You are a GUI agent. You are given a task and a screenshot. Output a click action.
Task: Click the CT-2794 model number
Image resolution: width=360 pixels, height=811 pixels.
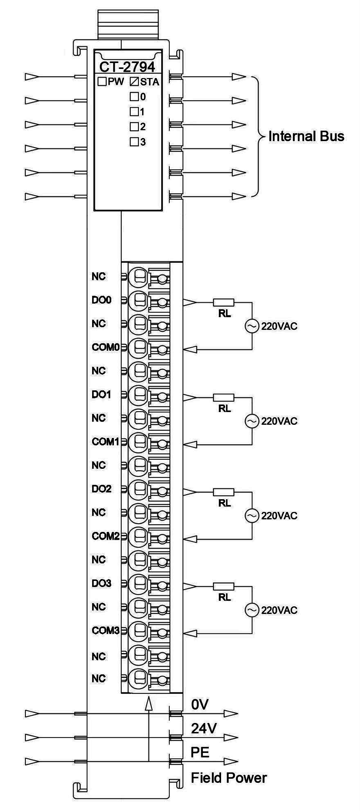coord(127,67)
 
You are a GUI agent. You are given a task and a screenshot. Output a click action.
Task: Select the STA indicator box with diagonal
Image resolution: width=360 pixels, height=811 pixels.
coord(134,82)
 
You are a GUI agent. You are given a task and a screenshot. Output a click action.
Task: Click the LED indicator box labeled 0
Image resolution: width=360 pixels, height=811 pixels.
coord(134,97)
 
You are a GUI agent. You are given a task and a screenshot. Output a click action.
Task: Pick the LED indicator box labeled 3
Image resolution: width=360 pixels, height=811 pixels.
coord(134,142)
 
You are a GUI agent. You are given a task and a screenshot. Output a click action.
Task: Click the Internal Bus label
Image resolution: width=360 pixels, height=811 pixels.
coord(306,136)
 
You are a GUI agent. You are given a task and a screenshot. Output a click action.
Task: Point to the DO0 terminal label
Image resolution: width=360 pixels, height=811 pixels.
coord(102,300)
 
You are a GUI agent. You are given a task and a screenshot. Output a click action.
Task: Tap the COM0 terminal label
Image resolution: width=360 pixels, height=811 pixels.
coord(106,347)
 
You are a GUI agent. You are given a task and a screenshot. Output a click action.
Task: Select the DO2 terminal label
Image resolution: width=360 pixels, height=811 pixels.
coord(102,489)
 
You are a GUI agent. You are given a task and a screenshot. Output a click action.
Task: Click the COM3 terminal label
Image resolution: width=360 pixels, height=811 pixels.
coord(106,630)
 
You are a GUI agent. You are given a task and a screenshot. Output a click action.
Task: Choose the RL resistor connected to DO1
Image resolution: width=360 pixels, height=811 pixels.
coord(224,398)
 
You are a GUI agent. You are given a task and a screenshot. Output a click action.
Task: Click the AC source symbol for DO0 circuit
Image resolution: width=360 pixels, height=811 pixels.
coord(252,326)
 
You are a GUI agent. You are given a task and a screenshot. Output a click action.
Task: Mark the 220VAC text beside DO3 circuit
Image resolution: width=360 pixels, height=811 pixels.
coord(279,610)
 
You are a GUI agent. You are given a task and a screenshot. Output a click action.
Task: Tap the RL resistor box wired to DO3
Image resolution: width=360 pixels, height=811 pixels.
coord(224,586)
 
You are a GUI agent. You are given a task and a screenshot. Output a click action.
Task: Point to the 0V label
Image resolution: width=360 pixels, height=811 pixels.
coord(200,704)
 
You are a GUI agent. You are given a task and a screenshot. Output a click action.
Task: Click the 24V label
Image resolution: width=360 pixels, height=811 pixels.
coord(204,728)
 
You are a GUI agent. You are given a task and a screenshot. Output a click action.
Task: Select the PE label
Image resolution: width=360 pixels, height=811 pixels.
coord(200,752)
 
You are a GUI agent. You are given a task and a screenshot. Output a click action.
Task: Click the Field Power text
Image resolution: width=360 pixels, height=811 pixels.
coord(229,778)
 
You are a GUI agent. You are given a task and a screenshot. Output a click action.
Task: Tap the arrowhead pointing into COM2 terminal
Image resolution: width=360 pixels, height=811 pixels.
coord(190,539)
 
